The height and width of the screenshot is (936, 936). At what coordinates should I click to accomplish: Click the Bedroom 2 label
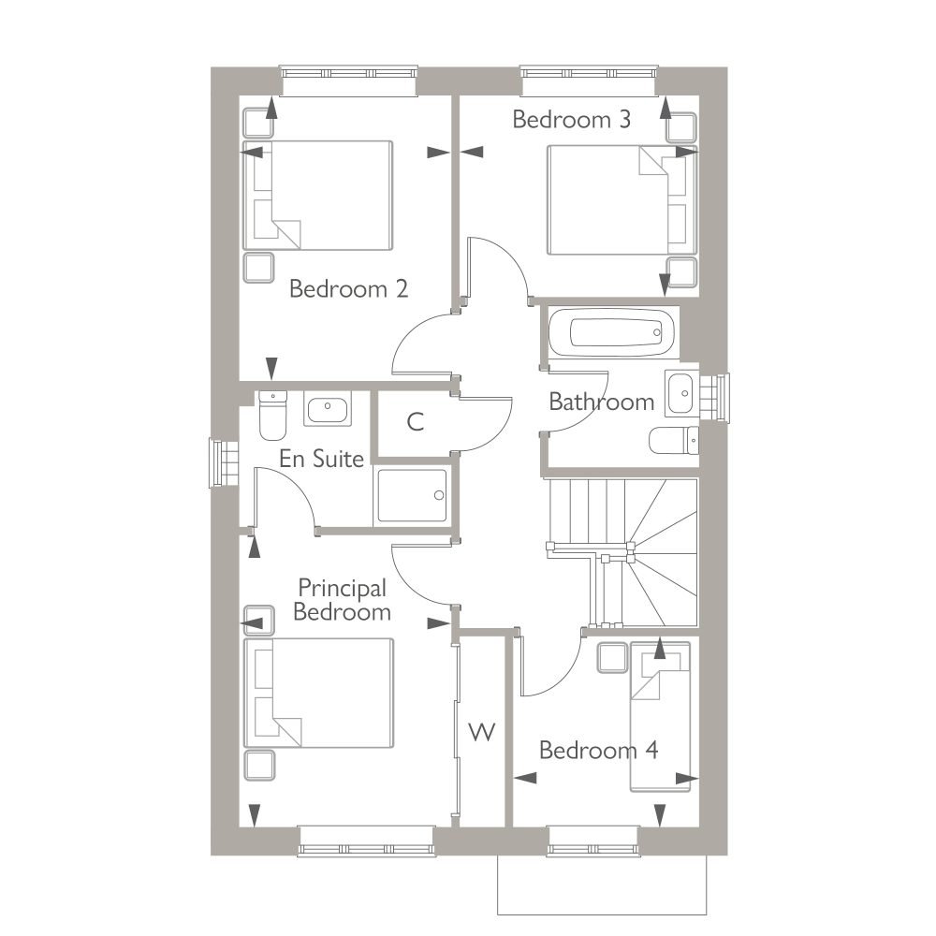[348, 289]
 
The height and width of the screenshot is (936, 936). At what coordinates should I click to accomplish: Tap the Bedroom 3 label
[571, 120]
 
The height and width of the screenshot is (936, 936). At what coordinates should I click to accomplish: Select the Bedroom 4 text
[599, 750]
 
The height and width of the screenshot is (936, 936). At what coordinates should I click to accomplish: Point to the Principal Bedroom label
[342, 600]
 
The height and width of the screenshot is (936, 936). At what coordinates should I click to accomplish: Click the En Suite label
[321, 459]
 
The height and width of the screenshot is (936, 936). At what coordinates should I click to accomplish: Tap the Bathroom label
[602, 402]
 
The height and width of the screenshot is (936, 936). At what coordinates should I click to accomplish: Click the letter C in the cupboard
[416, 422]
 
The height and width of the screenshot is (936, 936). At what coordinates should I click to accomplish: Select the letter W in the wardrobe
[482, 732]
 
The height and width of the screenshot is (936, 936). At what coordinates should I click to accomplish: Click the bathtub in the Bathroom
[614, 332]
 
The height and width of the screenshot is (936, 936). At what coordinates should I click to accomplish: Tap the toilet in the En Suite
[273, 416]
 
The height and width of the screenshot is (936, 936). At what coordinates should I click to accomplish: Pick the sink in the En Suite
[328, 409]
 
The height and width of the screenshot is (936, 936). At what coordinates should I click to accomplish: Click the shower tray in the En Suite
[412, 495]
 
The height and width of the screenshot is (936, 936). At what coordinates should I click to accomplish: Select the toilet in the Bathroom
[674, 441]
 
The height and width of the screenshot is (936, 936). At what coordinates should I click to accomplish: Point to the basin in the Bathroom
[681, 393]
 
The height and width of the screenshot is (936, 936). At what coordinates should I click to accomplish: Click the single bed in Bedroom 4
[661, 716]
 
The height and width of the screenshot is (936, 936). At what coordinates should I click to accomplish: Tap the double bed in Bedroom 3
[622, 200]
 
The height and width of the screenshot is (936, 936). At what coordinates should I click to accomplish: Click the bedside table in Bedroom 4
[613, 658]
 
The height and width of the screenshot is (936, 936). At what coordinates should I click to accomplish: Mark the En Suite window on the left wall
[224, 463]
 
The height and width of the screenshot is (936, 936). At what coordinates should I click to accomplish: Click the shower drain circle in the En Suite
[439, 495]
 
